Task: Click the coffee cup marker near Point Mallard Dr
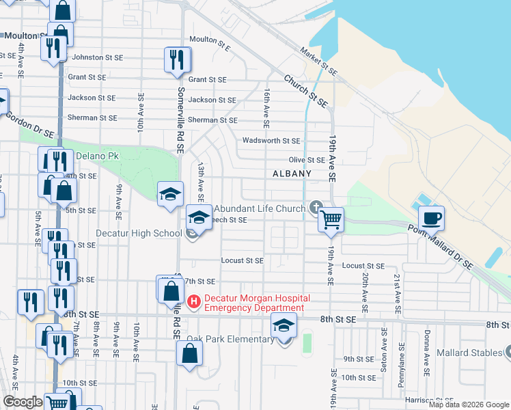point(431,219)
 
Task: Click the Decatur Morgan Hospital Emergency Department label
point(257,303)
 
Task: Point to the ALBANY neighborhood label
point(292,174)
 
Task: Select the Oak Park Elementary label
point(231,340)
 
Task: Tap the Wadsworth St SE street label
point(271,141)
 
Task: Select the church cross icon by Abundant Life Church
point(316,206)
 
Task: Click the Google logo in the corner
point(23,402)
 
